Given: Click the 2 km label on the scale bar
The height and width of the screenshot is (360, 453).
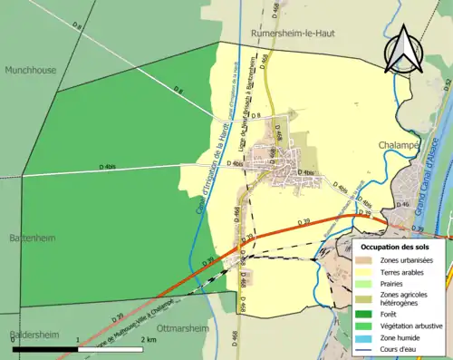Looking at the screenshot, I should coord(149,340).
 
